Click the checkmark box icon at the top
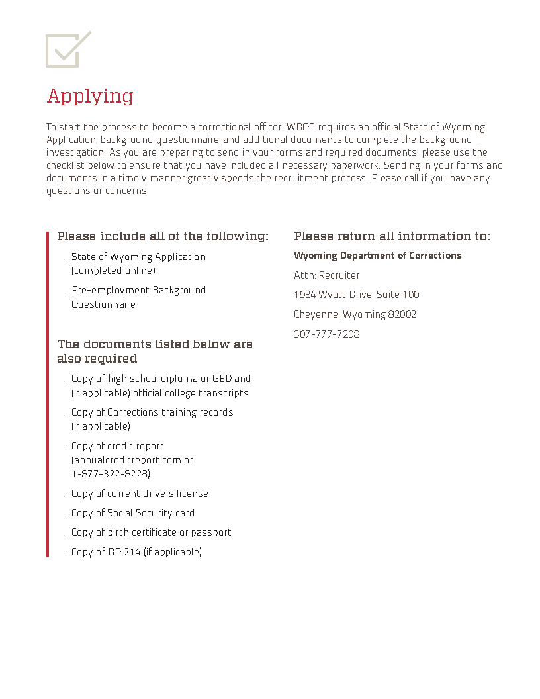[x=67, y=49]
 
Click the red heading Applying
[x=90, y=96]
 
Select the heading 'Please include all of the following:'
[x=163, y=236]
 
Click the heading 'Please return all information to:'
[x=392, y=236]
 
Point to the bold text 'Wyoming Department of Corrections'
[x=377, y=256]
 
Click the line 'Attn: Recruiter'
[x=326, y=275]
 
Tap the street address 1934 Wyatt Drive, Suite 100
[x=356, y=295]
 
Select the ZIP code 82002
[x=402, y=314]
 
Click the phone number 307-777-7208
[x=326, y=334]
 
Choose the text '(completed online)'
[x=113, y=271]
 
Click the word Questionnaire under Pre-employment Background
[x=103, y=304]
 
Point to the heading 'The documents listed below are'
[x=155, y=344]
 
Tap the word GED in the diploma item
[x=222, y=379]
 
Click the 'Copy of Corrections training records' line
[x=152, y=412]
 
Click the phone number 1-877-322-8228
[x=111, y=474]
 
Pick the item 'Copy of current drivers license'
[x=140, y=494]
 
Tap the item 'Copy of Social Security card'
[x=133, y=513]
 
